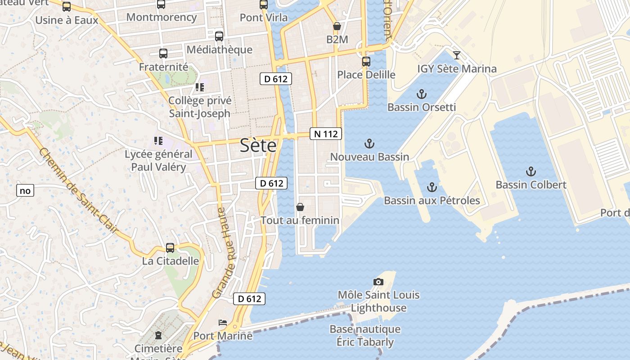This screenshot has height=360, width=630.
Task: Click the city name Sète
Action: (258, 145)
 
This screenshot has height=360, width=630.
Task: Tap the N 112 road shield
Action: (326, 134)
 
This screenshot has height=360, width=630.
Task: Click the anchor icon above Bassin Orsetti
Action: (422, 94)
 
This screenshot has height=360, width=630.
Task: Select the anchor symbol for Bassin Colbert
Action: (531, 171)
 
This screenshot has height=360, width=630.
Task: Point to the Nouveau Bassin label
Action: (369, 157)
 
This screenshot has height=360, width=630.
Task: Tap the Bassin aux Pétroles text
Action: (432, 200)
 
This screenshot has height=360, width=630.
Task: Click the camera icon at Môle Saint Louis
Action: (378, 282)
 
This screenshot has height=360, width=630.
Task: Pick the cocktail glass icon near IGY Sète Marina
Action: (457, 55)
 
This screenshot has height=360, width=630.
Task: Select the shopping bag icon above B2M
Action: (337, 26)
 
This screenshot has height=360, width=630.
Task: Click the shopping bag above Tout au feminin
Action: (300, 207)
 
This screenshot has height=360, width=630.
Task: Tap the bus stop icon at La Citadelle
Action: (170, 247)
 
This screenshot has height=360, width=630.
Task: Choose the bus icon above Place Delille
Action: (366, 61)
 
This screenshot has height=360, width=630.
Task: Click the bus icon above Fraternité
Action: (163, 53)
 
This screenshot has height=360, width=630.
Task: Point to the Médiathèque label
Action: (219, 49)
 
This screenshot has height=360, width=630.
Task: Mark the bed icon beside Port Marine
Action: (223, 322)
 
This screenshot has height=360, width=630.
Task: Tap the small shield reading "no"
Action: (25, 191)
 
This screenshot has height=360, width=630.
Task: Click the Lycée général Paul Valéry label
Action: (158, 161)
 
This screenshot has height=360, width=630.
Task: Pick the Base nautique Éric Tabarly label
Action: (365, 335)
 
